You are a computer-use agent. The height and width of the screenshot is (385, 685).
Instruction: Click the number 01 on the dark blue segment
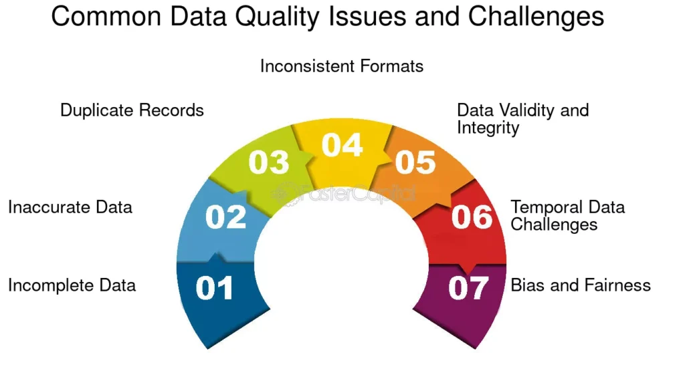pos(214,288)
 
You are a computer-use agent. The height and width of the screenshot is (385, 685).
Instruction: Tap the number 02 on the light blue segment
pos(225,217)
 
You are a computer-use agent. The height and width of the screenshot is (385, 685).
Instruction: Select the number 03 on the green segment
pos(269,162)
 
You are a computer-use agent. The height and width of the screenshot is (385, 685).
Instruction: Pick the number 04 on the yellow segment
pos(342,145)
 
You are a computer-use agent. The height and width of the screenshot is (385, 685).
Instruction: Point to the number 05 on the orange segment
pos(415,162)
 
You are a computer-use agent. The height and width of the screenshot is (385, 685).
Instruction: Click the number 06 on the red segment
pos(472,217)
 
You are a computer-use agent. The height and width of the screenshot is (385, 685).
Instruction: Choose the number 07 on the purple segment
pos(468,288)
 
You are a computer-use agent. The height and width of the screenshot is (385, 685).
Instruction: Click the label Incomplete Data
pos(72,285)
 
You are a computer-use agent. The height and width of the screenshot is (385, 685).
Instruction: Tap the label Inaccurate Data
pos(70,207)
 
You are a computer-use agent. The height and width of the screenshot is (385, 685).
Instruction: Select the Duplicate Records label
pos(132,110)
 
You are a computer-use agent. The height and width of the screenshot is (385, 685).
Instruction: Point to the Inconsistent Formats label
pos(342,66)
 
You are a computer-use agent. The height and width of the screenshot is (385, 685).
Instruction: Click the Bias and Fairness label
pos(581,285)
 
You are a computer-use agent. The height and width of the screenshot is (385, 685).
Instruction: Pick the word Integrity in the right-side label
pos(488,128)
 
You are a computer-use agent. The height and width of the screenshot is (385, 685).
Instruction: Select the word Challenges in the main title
pos(536,17)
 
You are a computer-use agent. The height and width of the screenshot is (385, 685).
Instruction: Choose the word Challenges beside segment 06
pos(554,225)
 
